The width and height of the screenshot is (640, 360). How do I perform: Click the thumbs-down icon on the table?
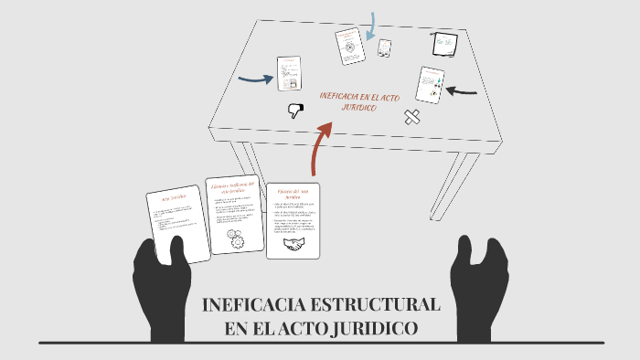click(295, 111)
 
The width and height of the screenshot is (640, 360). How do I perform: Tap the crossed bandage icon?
click(412, 117)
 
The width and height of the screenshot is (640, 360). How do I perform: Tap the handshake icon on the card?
click(293, 245)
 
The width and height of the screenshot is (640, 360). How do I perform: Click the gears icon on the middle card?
click(235, 240)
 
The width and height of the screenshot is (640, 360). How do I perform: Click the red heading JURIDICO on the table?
click(360, 108)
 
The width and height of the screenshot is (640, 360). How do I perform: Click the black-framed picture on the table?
click(444, 42)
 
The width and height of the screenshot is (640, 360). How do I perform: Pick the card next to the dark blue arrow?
click(290, 74)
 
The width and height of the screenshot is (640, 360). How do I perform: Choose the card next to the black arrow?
click(430, 85)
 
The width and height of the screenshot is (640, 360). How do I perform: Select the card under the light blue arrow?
click(349, 46)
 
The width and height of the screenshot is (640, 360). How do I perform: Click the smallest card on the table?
click(385, 48)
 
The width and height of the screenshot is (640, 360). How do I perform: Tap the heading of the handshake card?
click(293, 194)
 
